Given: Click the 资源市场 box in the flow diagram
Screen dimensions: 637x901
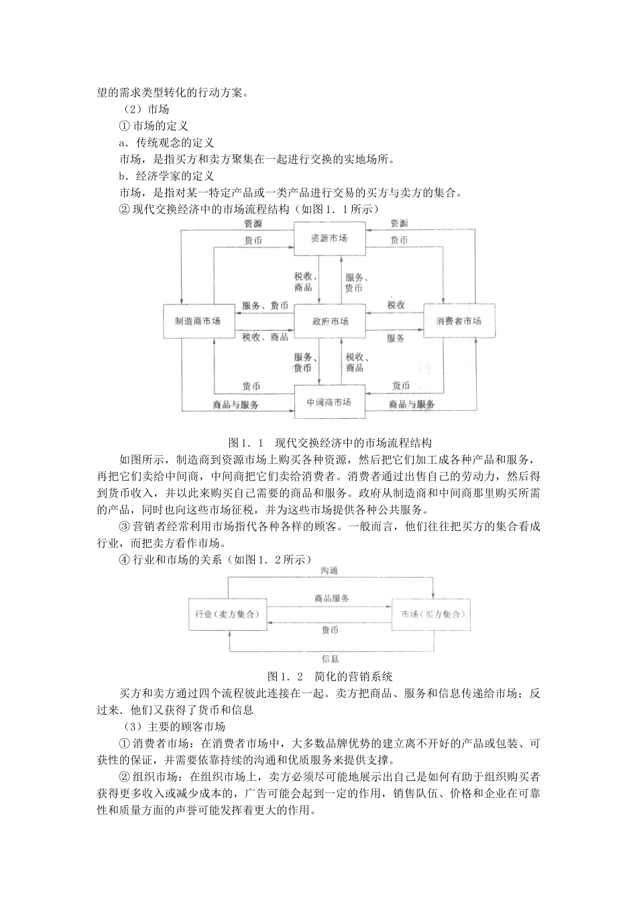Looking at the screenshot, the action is [329, 239].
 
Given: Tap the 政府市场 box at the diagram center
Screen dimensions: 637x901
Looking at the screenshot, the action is [330, 321].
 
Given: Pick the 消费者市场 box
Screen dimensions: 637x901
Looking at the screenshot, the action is [459, 321].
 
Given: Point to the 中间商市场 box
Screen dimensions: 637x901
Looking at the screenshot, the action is [329, 402].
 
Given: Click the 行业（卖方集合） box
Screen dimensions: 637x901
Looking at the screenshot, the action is [227, 614].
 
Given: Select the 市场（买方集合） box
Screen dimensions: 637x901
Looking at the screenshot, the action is [432, 614].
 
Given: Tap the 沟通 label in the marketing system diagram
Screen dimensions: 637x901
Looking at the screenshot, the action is [329, 570].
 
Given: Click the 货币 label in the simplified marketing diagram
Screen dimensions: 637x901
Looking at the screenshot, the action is [330, 630].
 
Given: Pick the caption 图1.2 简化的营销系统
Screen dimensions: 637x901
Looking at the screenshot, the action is [329, 675].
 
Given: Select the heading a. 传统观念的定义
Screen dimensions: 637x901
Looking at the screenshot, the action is [166, 142].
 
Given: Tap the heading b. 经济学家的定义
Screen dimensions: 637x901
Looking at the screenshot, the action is [166, 176].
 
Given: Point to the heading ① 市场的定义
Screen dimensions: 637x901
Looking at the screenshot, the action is [154, 125].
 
